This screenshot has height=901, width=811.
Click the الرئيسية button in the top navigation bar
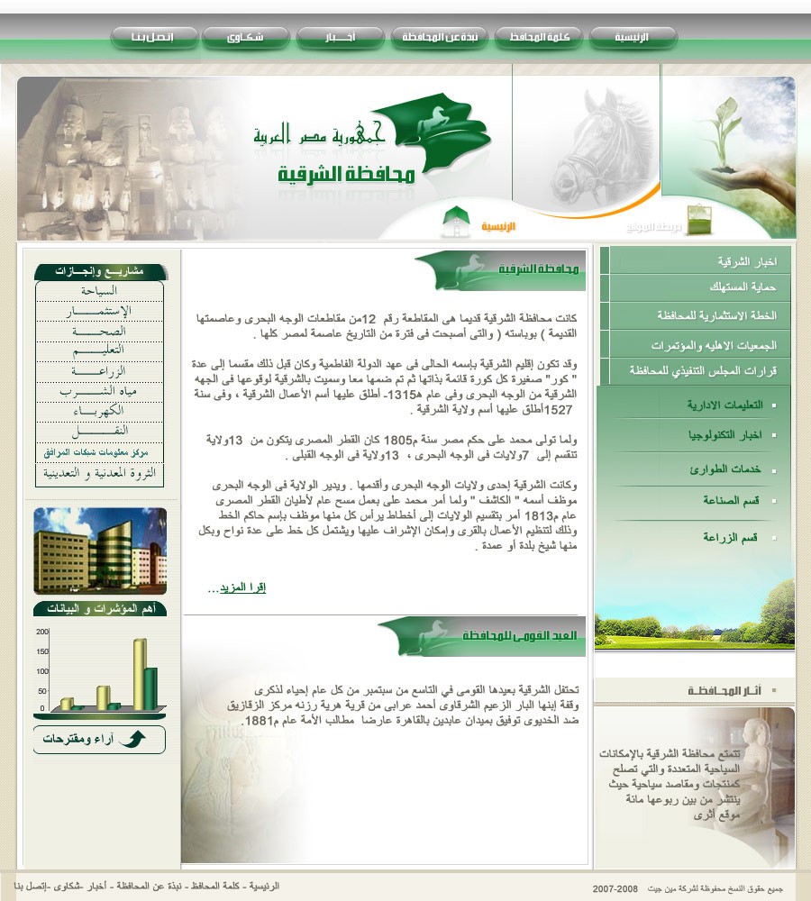point(632,38)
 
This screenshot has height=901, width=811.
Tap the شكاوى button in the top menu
point(245,38)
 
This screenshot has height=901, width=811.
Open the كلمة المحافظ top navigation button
point(539,38)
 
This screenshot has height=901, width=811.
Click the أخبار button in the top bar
point(341,38)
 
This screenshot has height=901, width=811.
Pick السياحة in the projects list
point(99,291)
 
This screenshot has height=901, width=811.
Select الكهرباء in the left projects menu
point(99,411)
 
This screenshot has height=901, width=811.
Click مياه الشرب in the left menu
point(99,391)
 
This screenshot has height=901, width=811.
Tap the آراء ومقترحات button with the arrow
point(99,740)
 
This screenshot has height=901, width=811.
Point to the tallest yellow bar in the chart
point(140,671)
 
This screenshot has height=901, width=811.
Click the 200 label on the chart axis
point(42,632)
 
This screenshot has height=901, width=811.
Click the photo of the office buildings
point(99,551)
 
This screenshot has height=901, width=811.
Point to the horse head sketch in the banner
point(590,144)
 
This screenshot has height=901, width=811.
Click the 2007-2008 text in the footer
point(615,889)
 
